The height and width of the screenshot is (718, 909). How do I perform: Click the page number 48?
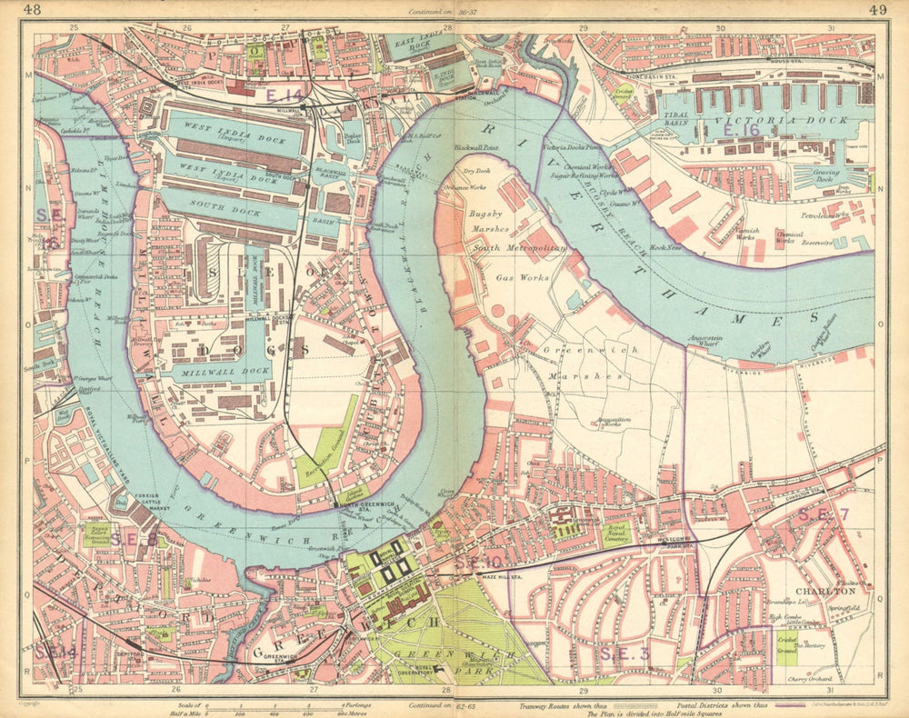[33, 10]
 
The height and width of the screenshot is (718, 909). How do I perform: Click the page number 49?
[877, 10]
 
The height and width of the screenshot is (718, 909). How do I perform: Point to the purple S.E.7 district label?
[823, 515]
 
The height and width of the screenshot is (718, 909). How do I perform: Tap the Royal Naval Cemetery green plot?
[617, 533]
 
